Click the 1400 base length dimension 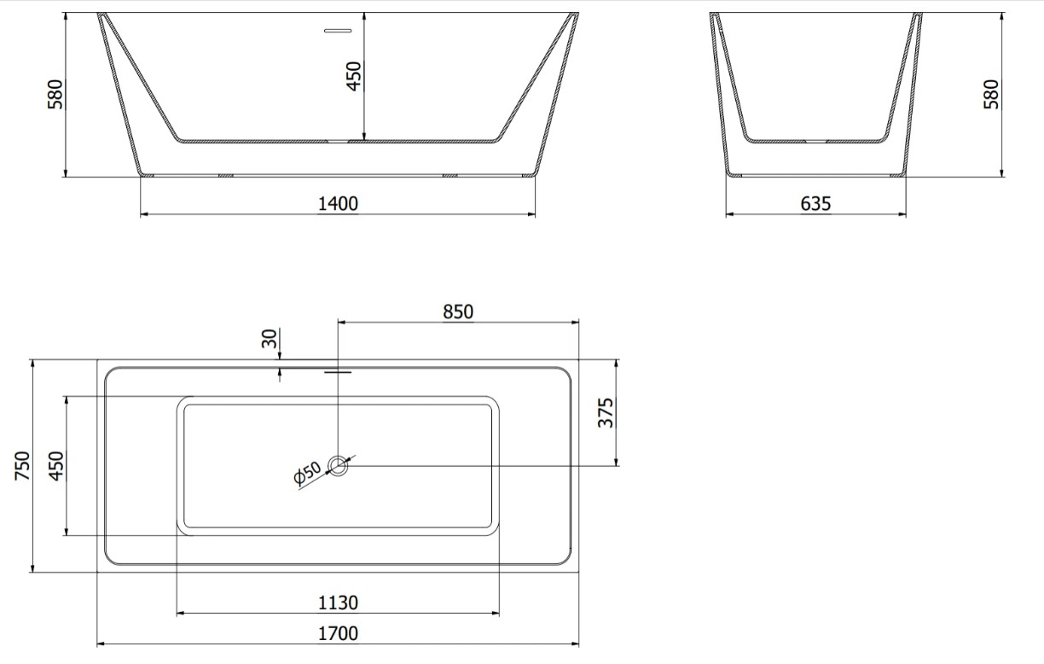point(339,203)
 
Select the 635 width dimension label point(815,204)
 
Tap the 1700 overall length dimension point(339,633)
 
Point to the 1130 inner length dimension point(339,603)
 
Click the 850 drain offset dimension point(457,312)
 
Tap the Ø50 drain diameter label point(308,473)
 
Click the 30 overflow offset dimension point(270,340)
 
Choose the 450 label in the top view point(55,466)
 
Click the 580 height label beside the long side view point(55,95)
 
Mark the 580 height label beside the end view point(990,95)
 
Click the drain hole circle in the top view point(339,465)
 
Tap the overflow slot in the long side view point(338,31)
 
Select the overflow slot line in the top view point(338,371)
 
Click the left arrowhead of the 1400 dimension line point(144,214)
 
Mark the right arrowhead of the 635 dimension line point(902,214)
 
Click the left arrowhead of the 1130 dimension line point(180,612)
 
